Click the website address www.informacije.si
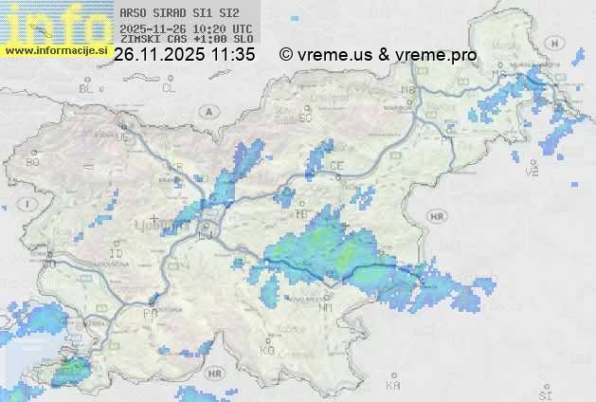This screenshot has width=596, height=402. pos(54,50)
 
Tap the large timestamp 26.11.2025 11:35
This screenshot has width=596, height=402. pos(184,55)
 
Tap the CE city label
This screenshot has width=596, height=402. pos(336,165)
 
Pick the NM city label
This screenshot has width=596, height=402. pos(325,307)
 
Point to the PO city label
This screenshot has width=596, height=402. pos(148,313)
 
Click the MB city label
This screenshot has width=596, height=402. pos(408,90)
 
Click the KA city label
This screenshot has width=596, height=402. pos(393,386)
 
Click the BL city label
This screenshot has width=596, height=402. pos(87,88)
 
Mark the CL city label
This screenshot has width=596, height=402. pos(169,88)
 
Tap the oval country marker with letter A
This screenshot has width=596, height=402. pos(208,110)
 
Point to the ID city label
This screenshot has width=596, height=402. pos(117,254)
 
